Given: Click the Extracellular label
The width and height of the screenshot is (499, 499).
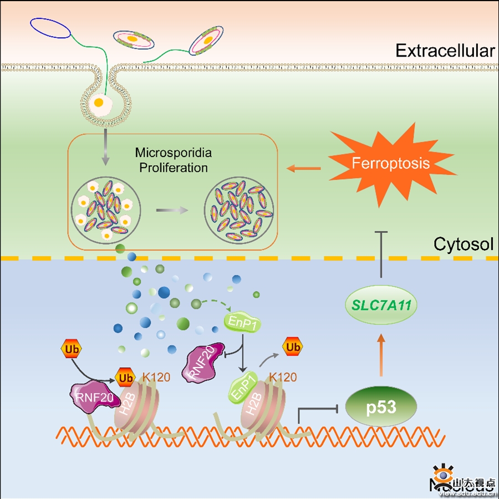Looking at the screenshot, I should [x=445, y=51].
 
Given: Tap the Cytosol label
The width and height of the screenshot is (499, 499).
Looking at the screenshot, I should [x=463, y=244].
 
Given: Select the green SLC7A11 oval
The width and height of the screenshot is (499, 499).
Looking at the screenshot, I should [x=380, y=304].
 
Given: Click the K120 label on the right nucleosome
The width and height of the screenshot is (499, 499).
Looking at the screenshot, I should [x=283, y=378].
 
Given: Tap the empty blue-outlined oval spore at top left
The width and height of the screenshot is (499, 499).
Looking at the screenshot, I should [x=50, y=28].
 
